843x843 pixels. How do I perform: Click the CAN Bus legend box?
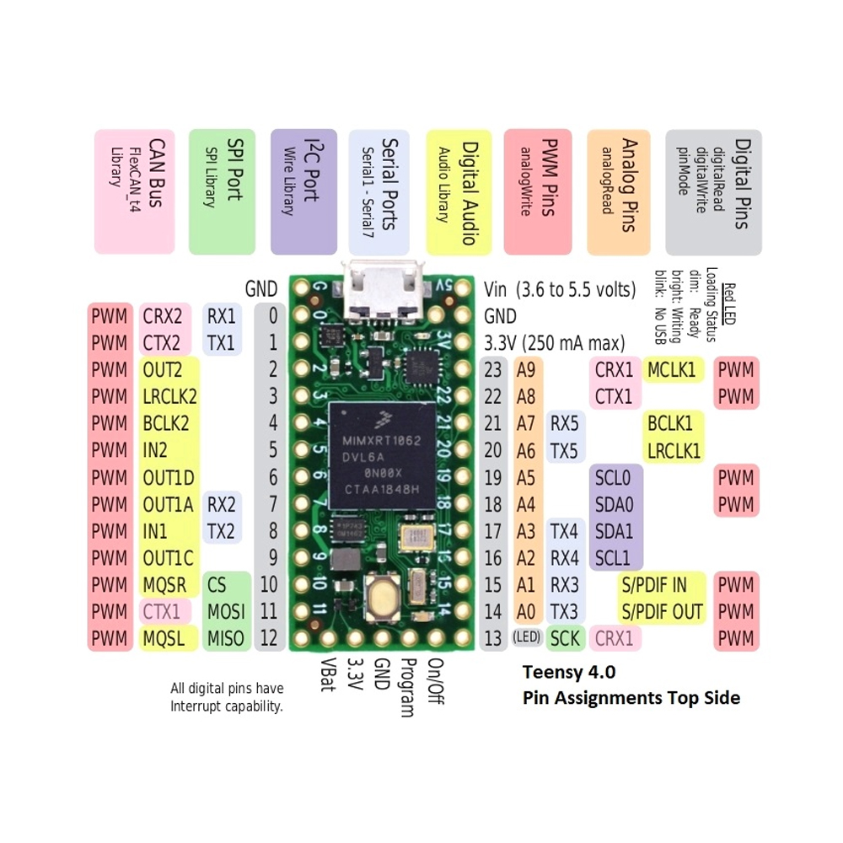tap(135, 191)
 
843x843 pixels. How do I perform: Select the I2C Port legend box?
tap(303, 191)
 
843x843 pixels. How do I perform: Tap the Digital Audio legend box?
tap(459, 191)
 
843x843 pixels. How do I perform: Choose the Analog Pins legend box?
tap(619, 191)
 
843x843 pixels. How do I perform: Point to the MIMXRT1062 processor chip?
tap(382, 455)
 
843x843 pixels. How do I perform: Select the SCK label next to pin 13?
tap(565, 638)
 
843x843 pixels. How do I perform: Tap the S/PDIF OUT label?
tap(663, 611)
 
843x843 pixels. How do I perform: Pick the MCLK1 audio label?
tap(674, 369)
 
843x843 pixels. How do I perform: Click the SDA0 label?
tap(614, 504)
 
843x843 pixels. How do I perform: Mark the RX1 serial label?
tap(223, 316)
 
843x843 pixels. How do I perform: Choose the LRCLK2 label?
tap(169, 395)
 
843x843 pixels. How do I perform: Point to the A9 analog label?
tap(526, 369)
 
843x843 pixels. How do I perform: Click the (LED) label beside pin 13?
tap(526, 638)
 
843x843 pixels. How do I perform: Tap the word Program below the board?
tap(407, 687)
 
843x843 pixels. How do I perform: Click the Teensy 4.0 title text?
tap(569, 673)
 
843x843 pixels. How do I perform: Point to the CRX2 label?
tap(164, 316)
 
